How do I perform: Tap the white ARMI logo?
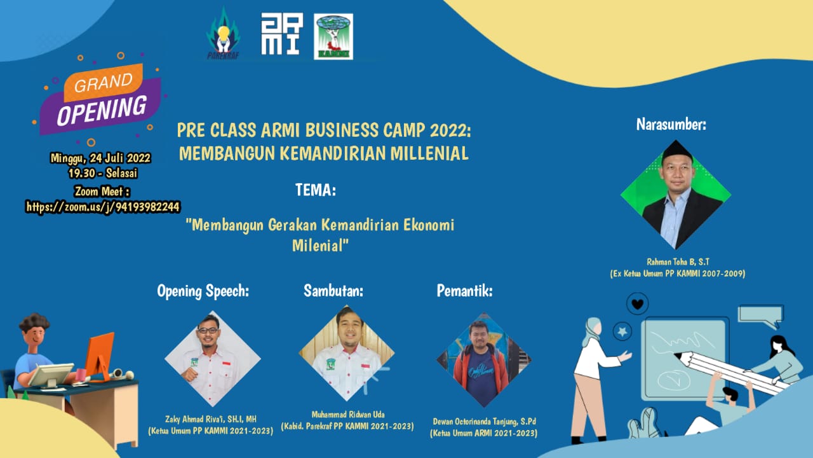[x=281, y=34]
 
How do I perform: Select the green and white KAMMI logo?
[x=333, y=36]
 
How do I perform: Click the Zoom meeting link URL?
[x=103, y=206]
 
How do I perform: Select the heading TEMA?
[x=316, y=190]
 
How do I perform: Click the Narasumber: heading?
[x=671, y=125]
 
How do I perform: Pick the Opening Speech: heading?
[x=203, y=291]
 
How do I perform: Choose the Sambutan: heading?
[x=333, y=291]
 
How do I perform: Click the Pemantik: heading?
[x=465, y=291]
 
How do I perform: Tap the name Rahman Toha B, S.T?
[x=678, y=261]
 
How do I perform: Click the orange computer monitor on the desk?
[x=99, y=354]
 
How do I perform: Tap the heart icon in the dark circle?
[x=637, y=303]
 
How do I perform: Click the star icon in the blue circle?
[x=622, y=331]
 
